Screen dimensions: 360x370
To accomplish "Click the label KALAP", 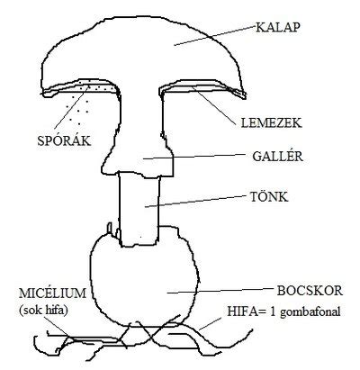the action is coord(278,27).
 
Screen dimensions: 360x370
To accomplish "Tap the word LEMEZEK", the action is coord(271,123).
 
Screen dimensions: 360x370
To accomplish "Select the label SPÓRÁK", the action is coord(64,140).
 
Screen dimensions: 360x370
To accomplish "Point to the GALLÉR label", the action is coord(277,156).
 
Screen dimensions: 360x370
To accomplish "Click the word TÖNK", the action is coord(269,197).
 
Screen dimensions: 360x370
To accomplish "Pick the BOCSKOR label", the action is coord(310,291).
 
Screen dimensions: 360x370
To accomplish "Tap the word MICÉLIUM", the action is coord(52,293).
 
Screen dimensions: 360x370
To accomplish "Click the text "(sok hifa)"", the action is coord(43,311).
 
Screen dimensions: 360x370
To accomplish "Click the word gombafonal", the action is coord(310,312).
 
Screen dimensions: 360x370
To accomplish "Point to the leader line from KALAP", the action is coord(215,36).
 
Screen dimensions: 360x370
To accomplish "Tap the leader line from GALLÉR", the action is coord(195,157).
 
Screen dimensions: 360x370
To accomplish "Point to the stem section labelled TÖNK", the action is coord(139,209).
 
